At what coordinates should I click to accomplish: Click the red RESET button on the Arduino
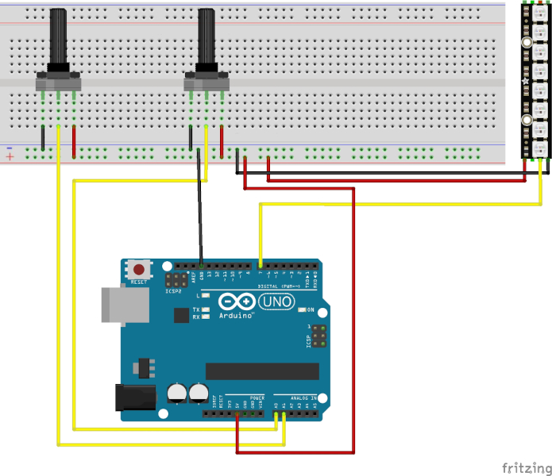[x=141, y=269]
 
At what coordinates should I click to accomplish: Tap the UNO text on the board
[x=279, y=302]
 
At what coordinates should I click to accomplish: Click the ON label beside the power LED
[x=311, y=309]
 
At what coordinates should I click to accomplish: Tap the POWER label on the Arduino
[x=257, y=397]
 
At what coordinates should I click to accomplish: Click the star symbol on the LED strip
[x=524, y=81]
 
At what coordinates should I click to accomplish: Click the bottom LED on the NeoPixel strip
[x=536, y=148]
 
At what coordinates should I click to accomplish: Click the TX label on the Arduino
[x=195, y=309]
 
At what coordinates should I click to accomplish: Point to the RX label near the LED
[x=195, y=317]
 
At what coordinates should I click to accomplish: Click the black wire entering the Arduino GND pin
[x=201, y=238]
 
